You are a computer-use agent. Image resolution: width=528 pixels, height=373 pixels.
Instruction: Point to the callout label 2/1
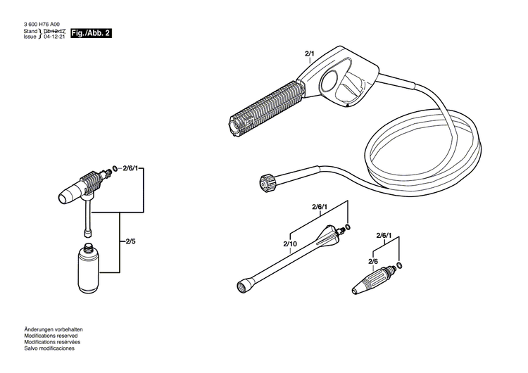pos(310,53)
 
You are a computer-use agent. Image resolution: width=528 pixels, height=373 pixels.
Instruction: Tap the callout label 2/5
pos(130,241)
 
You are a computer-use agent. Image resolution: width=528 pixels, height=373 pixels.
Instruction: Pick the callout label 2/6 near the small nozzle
pos(373,261)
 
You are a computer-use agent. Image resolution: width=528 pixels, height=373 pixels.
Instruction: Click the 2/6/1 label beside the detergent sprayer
pos(133,169)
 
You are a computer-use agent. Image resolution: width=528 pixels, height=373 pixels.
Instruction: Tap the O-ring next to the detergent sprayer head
pos(115,168)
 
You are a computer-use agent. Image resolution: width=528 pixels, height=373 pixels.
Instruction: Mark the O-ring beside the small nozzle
pos(400,265)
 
